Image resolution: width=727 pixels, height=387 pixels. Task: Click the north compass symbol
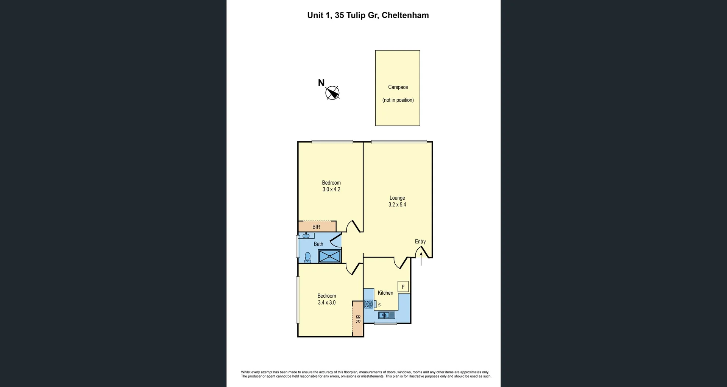pos(332,93)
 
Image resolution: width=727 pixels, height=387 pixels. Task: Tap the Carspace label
pos(398,87)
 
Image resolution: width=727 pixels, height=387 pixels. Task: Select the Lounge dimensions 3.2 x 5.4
pos(397,205)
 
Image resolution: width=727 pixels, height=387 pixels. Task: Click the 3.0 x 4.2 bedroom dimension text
pos(331,190)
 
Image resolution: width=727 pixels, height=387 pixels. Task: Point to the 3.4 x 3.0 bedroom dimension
pos(326,303)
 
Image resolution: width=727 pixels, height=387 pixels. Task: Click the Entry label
pos(420,242)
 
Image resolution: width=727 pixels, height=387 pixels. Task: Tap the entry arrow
pos(421,259)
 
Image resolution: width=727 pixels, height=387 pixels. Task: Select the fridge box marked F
pos(403,287)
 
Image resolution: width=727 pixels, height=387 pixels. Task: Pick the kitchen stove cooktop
pos(368,304)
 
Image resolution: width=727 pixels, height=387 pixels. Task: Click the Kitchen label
pos(385,293)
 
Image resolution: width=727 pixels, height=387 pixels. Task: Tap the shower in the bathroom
pos(329,256)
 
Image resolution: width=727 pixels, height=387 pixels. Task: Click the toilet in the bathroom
pos(307,257)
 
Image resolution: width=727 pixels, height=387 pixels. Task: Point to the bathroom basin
pos(306,236)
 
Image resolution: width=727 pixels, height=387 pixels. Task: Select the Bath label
pos(318,244)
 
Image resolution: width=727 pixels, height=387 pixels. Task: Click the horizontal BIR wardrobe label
pos(316,227)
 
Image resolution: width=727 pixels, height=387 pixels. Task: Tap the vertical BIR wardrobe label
pos(358,319)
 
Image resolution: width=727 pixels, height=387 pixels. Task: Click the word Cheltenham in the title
pos(405,16)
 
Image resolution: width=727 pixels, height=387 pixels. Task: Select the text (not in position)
pos(398,100)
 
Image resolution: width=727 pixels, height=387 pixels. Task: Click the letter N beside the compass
pos(321,83)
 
